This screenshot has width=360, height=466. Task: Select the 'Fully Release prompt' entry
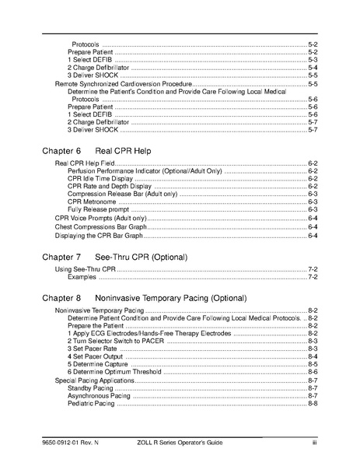(x=97, y=209)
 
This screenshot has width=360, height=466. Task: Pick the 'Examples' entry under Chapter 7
(x=81, y=276)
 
